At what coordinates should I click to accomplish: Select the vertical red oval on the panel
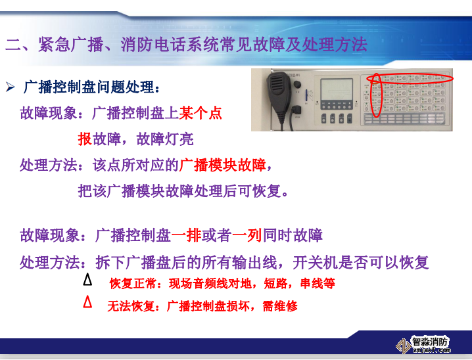376,96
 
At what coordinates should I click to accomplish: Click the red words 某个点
201,113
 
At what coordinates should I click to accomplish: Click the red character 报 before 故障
84,139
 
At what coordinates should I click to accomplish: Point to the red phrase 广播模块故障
224,164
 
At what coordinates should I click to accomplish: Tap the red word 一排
186,235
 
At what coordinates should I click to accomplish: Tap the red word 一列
247,235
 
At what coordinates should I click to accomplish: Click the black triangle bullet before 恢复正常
87,281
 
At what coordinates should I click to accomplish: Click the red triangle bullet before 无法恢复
87,303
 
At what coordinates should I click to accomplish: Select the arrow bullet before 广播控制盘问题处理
11,87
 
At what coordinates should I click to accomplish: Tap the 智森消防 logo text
430,341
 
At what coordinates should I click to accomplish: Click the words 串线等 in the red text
318,284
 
